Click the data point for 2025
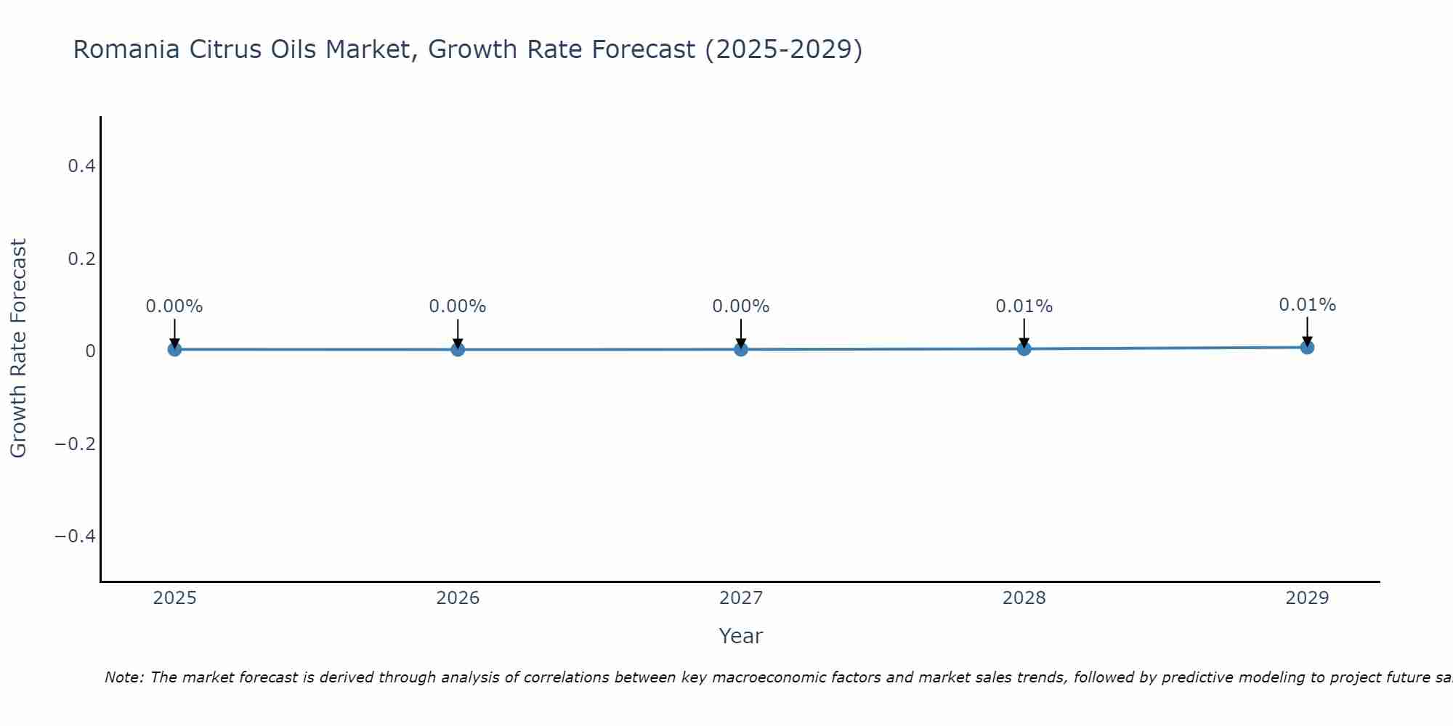click(x=174, y=349)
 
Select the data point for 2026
click(x=458, y=349)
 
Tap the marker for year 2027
click(x=741, y=349)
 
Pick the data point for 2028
click(x=1024, y=348)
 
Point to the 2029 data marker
click(x=1307, y=347)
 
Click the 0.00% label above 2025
click(x=174, y=306)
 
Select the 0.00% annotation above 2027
click(x=741, y=306)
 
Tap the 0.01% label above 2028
click(x=1024, y=306)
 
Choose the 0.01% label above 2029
click(x=1307, y=305)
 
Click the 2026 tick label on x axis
click(x=458, y=598)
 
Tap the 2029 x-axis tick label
click(x=1307, y=598)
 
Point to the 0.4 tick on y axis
click(x=81, y=166)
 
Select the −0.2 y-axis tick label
click(x=76, y=444)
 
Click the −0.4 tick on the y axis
click(x=76, y=536)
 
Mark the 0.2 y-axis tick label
click(x=81, y=258)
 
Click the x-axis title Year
click(x=740, y=637)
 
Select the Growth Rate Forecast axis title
click(x=18, y=348)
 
